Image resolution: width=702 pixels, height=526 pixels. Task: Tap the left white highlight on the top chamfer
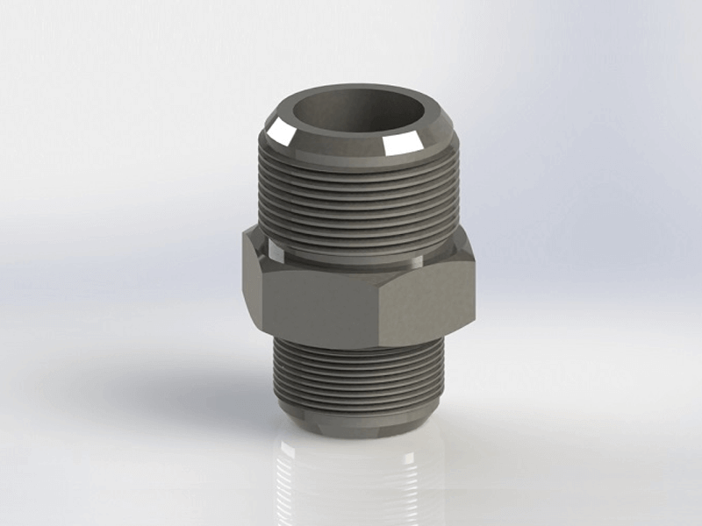pos(283,133)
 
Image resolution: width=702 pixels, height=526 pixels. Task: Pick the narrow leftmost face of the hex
pos(250,281)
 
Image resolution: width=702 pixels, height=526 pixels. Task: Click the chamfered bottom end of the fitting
pos(360,425)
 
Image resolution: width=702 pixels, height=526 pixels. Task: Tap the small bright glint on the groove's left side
pos(277,254)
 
